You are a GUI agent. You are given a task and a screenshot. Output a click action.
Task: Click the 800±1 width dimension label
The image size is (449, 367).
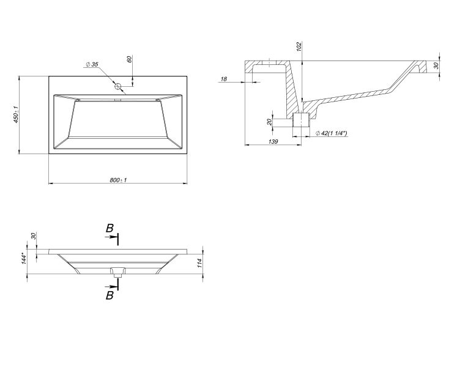click(117, 180)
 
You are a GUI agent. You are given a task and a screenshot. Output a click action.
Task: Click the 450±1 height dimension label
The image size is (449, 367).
click(18, 115)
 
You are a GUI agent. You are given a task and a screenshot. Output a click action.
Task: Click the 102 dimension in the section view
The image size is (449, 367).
click(299, 48)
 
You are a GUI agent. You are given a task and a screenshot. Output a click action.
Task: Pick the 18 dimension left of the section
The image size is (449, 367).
click(224, 79)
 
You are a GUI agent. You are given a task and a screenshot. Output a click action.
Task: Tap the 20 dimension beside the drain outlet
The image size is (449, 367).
click(270, 121)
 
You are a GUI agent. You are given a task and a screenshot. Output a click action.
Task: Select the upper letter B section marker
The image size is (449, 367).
click(109, 228)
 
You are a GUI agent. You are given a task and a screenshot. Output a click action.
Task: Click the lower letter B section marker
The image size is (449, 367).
click(109, 295)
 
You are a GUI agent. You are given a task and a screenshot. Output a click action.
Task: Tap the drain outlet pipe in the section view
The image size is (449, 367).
click(300, 120)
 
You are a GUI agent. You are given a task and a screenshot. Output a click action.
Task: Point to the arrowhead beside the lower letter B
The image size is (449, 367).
click(114, 286)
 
